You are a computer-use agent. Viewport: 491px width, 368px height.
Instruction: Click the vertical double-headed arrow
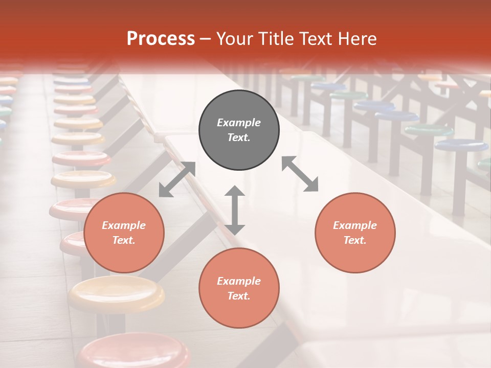[235, 210]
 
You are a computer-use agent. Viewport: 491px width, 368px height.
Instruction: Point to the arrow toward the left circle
[177, 179]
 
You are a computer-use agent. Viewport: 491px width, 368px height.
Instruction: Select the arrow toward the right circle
[300, 174]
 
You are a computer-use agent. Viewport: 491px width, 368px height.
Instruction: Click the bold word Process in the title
[161, 38]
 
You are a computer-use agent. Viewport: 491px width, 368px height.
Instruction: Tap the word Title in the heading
[275, 38]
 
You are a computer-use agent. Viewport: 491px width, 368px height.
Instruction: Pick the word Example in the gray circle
[239, 123]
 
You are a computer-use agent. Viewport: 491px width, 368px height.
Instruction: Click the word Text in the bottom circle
[239, 296]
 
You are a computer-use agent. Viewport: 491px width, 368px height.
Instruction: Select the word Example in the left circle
[124, 225]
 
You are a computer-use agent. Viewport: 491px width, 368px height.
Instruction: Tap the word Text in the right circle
[355, 240]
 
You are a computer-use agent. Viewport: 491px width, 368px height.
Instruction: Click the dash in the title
[205, 39]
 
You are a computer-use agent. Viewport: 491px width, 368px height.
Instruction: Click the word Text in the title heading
[315, 38]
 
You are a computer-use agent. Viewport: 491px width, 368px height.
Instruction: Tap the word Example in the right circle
[355, 225]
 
